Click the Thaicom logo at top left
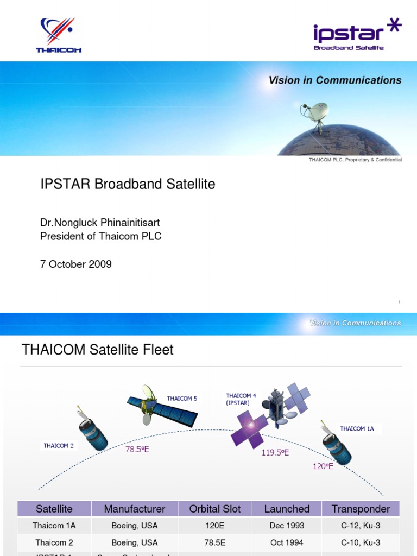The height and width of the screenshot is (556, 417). tap(59, 35)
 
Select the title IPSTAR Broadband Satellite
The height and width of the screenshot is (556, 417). tap(128, 184)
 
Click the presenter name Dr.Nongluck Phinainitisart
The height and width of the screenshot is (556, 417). tap(100, 223)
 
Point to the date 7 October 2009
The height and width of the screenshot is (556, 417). tap(76, 264)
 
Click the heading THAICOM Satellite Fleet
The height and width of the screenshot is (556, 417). tap(98, 350)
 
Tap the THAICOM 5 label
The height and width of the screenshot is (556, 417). tap(182, 399)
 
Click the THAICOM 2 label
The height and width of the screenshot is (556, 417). tap(59, 446)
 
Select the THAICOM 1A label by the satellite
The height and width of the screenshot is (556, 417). tap(357, 428)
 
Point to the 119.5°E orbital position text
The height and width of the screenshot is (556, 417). tap(275, 452)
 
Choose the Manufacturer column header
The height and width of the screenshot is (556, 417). tap(134, 509)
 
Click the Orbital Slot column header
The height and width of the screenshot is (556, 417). tap(216, 509)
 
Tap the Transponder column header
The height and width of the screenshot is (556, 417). tap(361, 509)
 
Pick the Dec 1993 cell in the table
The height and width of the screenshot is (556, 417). tap(287, 526)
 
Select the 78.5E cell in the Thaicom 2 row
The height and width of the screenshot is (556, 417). tap(216, 542)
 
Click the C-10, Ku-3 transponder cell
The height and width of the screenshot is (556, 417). tap(361, 542)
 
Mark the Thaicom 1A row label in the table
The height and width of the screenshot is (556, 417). tap(54, 526)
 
